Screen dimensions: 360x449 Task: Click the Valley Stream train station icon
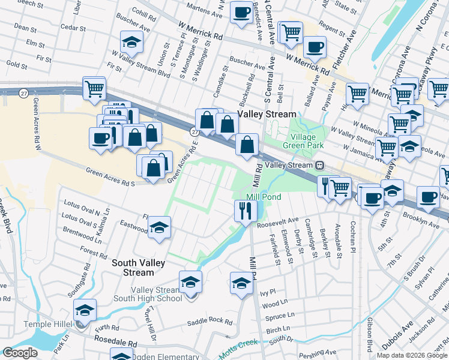321,165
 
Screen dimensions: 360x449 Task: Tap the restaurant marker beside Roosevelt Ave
244,211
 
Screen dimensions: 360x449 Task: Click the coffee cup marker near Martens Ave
241,13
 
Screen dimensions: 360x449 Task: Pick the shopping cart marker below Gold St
94,88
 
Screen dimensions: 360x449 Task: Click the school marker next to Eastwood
159,227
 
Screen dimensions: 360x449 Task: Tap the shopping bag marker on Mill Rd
247,145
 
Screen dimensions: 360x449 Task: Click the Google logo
20,353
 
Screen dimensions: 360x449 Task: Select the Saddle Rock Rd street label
209,321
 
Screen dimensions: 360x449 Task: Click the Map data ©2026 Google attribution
412,355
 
